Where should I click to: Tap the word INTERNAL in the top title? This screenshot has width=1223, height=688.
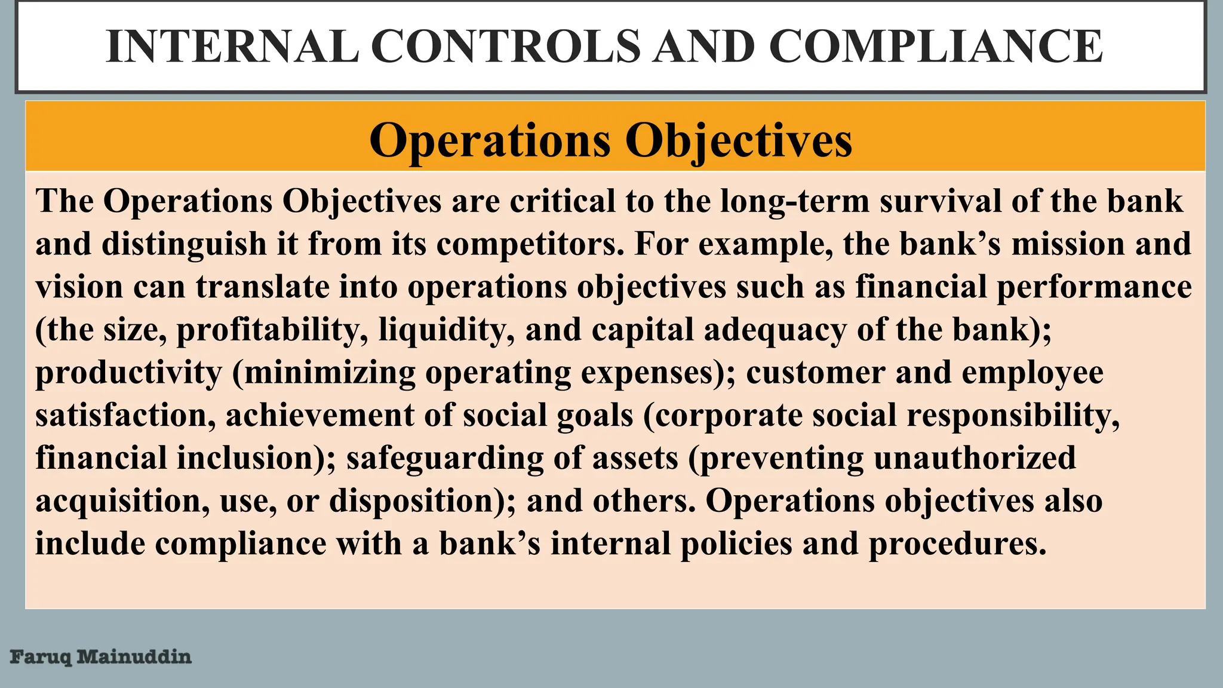click(x=232, y=47)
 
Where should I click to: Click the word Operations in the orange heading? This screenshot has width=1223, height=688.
click(x=490, y=140)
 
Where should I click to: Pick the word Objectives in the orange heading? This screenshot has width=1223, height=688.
click(x=738, y=140)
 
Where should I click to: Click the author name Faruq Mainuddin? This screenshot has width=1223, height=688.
click(x=100, y=657)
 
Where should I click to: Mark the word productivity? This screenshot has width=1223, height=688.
click(x=128, y=373)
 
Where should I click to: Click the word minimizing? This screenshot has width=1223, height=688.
click(x=330, y=373)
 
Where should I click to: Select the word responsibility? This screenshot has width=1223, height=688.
click(x=1013, y=415)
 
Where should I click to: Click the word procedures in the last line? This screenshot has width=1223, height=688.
click(x=957, y=544)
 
